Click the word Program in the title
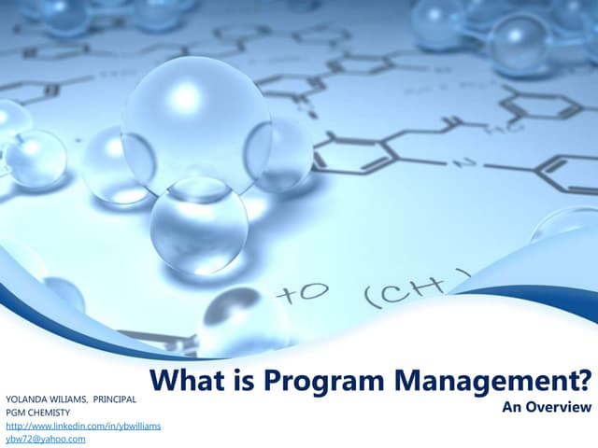tap(311, 383)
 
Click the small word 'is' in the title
tap(243, 383)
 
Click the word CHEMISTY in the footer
tap(50, 412)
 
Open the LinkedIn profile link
tap(83, 426)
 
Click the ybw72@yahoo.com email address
tap(46, 439)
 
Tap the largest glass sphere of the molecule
tap(196, 125)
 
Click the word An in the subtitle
tap(511, 408)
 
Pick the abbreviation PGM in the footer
tap(17, 412)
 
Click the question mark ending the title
tap(584, 383)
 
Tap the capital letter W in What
tap(166, 383)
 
